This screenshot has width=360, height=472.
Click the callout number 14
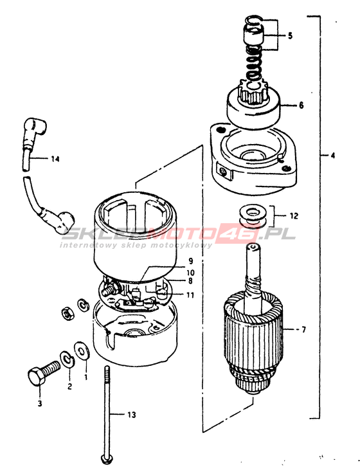(55, 159)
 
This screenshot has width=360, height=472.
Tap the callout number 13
(132, 415)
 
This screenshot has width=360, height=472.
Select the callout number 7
(303, 330)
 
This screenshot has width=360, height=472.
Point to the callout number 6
(301, 105)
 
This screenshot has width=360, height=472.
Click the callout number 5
(290, 35)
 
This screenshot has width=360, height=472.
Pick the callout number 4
(332, 156)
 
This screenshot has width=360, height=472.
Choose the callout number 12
(294, 216)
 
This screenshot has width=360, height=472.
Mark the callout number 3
(40, 403)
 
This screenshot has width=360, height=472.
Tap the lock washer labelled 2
(68, 359)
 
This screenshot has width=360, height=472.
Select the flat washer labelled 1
(82, 351)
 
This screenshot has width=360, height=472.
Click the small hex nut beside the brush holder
(68, 314)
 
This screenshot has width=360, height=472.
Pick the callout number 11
(190, 295)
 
